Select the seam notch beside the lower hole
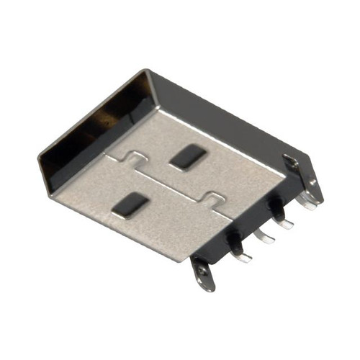click(x=214, y=198)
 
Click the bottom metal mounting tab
click(x=204, y=274)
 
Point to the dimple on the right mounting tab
click(x=290, y=163)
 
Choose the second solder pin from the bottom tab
click(x=264, y=237)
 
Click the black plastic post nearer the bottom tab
click(x=235, y=241)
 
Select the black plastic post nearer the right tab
click(x=275, y=207)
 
